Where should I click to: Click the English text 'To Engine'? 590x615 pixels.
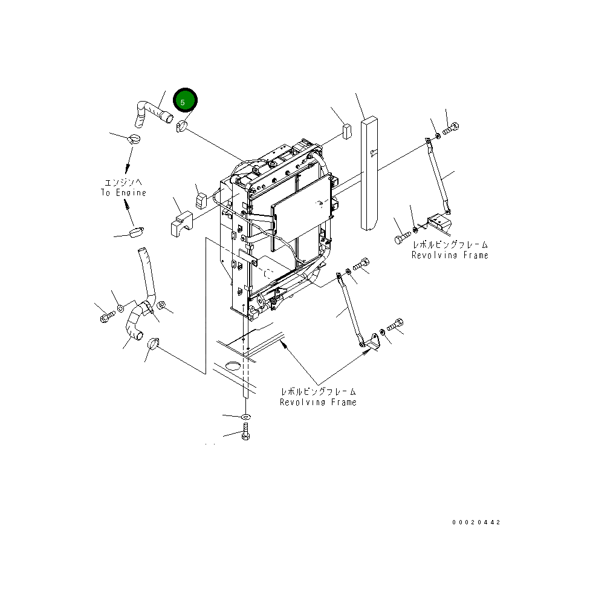[x=123, y=193]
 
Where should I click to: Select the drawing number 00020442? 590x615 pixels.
[x=476, y=522]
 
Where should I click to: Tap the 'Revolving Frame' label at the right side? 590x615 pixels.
[x=450, y=255]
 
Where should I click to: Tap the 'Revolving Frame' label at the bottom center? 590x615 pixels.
[x=318, y=402]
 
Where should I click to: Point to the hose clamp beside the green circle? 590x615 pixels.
[x=181, y=126]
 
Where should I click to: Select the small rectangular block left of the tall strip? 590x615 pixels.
[x=347, y=131]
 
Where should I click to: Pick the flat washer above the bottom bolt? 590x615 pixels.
[x=245, y=417]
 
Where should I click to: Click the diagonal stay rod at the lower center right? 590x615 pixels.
[x=351, y=308]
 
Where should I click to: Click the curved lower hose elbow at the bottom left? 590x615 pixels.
[x=134, y=324]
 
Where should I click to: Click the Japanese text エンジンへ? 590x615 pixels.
[x=123, y=182]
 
